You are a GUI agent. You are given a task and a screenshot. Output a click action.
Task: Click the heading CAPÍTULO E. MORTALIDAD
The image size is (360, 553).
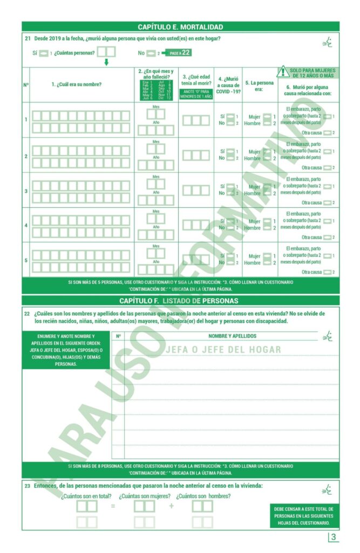coord(180,26)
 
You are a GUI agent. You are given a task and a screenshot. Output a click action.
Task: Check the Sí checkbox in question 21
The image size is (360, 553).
coord(44,53)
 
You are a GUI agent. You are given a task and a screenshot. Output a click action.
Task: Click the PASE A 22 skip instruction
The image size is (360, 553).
coord(180,52)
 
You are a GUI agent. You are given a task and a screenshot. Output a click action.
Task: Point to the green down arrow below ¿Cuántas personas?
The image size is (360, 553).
coord(106,62)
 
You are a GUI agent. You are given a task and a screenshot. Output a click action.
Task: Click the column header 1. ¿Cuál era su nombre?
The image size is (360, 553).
coord(77,84)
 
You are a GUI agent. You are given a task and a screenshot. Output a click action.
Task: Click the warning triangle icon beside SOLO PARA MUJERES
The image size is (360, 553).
coord(282,72)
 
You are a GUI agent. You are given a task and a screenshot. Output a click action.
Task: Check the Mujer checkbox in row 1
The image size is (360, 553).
coord(267,117)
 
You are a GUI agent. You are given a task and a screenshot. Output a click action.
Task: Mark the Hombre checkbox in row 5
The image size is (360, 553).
coord(267,263)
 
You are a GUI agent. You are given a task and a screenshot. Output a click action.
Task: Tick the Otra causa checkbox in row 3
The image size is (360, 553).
coord(327,203)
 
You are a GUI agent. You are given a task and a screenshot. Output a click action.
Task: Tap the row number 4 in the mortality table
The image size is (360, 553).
coord(25,225)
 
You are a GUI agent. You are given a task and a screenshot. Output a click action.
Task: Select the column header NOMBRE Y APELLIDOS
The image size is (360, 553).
coord(232,336)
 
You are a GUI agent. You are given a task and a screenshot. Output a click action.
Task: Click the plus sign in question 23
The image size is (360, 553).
coord(172,506)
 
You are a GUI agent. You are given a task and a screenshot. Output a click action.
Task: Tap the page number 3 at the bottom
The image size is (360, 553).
coord(334,537)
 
